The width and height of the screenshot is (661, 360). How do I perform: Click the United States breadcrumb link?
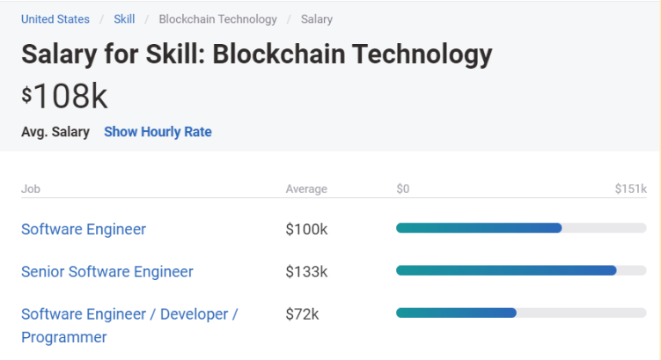(x=55, y=18)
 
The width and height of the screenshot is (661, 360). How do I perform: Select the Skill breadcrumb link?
(x=124, y=18)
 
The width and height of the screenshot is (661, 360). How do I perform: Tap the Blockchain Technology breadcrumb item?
(x=217, y=18)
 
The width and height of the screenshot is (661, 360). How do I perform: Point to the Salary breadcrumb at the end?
(x=317, y=18)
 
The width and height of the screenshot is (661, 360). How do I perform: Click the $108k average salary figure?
(x=65, y=96)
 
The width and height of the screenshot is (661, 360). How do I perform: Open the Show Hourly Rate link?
(x=158, y=132)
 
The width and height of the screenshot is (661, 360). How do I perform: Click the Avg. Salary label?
(x=55, y=132)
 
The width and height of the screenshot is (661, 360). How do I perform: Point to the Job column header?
(x=31, y=189)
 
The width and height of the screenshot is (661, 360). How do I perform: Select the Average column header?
(x=306, y=189)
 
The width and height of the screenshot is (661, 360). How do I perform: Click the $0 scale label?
(x=403, y=189)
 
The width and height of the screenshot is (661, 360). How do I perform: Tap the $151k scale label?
(x=630, y=189)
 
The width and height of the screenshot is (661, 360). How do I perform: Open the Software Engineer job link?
(x=84, y=229)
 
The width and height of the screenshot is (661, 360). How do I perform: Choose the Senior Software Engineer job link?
(x=107, y=271)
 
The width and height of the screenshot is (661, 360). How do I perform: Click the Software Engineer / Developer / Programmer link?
(x=129, y=314)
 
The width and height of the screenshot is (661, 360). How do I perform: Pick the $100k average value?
(x=306, y=229)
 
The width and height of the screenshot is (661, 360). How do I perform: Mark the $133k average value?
(x=306, y=271)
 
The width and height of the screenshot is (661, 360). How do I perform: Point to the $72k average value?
(x=302, y=313)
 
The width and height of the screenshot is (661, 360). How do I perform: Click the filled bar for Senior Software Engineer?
(x=506, y=270)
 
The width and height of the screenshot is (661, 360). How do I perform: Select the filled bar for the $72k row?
(x=456, y=312)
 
